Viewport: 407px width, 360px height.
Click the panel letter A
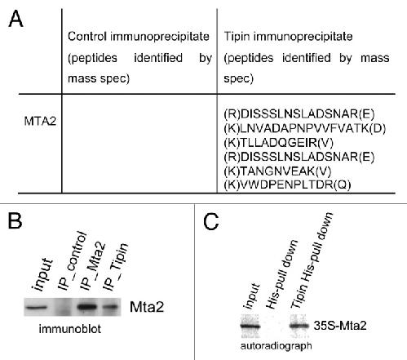15,19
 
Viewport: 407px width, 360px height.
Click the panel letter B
15,220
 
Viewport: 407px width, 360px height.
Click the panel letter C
211,221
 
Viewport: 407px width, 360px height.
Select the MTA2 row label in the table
40,121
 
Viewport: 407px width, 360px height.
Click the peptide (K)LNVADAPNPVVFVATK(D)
305,128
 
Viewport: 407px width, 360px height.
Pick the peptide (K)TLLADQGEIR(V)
278,143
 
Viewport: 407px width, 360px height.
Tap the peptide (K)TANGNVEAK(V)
277,171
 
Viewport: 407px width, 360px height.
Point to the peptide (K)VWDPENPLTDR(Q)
287,184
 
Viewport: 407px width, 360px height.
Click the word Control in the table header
87,36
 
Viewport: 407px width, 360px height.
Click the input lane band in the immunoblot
36,308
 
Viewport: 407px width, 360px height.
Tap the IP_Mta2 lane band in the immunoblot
87,307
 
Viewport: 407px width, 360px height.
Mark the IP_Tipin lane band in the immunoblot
110,307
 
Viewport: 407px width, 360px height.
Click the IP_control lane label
73,260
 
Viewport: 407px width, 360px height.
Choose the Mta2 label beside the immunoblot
147,307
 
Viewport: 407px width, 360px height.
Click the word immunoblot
70,329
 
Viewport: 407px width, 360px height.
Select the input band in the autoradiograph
250,326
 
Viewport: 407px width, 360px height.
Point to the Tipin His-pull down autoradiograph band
299,326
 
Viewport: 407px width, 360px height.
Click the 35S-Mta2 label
340,326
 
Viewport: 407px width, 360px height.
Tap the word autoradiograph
276,346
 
